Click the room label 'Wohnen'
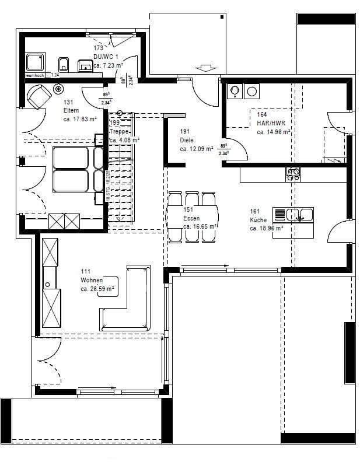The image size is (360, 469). (x=92, y=280)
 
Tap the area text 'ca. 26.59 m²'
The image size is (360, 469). (x=97, y=289)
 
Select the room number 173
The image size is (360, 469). (x=98, y=48)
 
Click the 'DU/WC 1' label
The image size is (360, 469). (x=106, y=57)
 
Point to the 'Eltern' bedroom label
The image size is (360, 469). (x=71, y=110)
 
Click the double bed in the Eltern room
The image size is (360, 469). (x=71, y=169)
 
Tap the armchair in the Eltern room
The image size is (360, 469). (x=39, y=96)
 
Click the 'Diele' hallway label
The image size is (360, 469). (x=187, y=141)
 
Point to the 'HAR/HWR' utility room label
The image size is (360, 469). (x=271, y=123)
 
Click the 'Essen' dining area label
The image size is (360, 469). (x=191, y=218)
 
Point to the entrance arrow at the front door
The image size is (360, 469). (x=206, y=69)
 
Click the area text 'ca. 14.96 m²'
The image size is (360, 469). (x=274, y=132)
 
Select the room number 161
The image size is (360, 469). (x=254, y=211)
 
